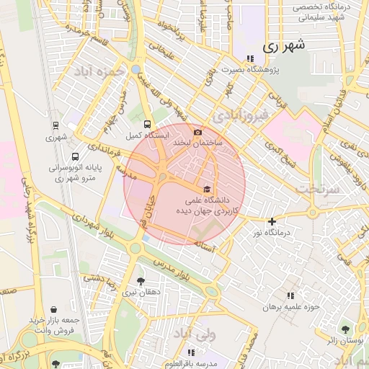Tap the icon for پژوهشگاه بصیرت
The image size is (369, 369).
tap(250, 58)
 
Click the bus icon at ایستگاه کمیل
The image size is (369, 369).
tap(148, 124)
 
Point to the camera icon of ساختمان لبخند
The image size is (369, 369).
tap(197, 132)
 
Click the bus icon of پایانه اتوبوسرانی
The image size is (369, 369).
tap(76, 156)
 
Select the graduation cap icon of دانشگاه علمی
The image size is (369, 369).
tap(208, 188)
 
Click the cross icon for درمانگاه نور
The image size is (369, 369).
tap(272, 221)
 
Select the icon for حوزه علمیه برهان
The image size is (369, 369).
tap(290, 295)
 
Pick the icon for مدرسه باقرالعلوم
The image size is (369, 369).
tap(191, 352)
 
